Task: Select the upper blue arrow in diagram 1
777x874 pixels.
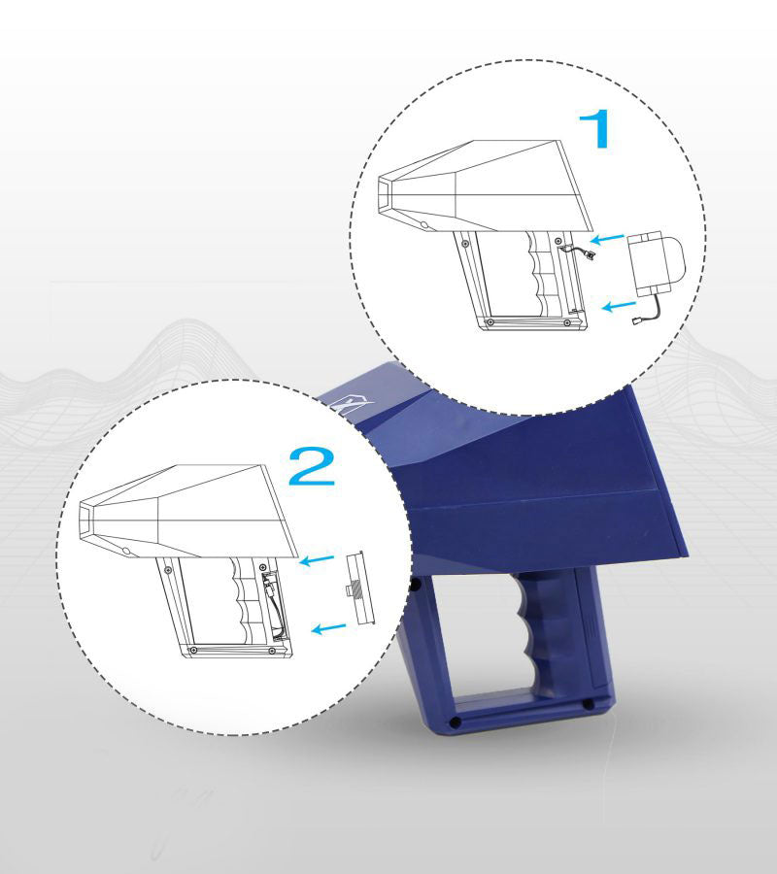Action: click(607, 239)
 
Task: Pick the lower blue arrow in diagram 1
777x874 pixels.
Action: click(620, 306)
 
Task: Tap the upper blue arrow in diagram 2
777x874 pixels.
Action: click(317, 559)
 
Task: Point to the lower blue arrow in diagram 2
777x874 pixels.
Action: click(329, 628)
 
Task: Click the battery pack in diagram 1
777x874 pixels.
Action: click(656, 263)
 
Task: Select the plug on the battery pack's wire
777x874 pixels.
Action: click(636, 321)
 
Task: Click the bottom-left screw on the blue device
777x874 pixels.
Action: click(455, 723)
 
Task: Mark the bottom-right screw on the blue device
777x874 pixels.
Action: click(588, 705)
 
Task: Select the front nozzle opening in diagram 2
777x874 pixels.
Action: click(85, 520)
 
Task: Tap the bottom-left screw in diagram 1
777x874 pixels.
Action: click(490, 322)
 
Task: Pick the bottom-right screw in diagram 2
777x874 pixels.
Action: click(272, 651)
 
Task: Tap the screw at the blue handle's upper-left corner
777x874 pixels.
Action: click(416, 585)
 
